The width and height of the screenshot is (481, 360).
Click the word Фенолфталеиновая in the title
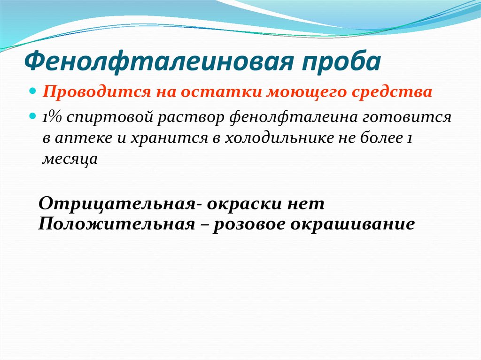click(158, 61)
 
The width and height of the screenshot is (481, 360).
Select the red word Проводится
click(97, 92)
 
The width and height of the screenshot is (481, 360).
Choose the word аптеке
click(84, 138)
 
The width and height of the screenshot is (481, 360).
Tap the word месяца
click(70, 159)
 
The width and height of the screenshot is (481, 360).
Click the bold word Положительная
click(116, 224)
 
